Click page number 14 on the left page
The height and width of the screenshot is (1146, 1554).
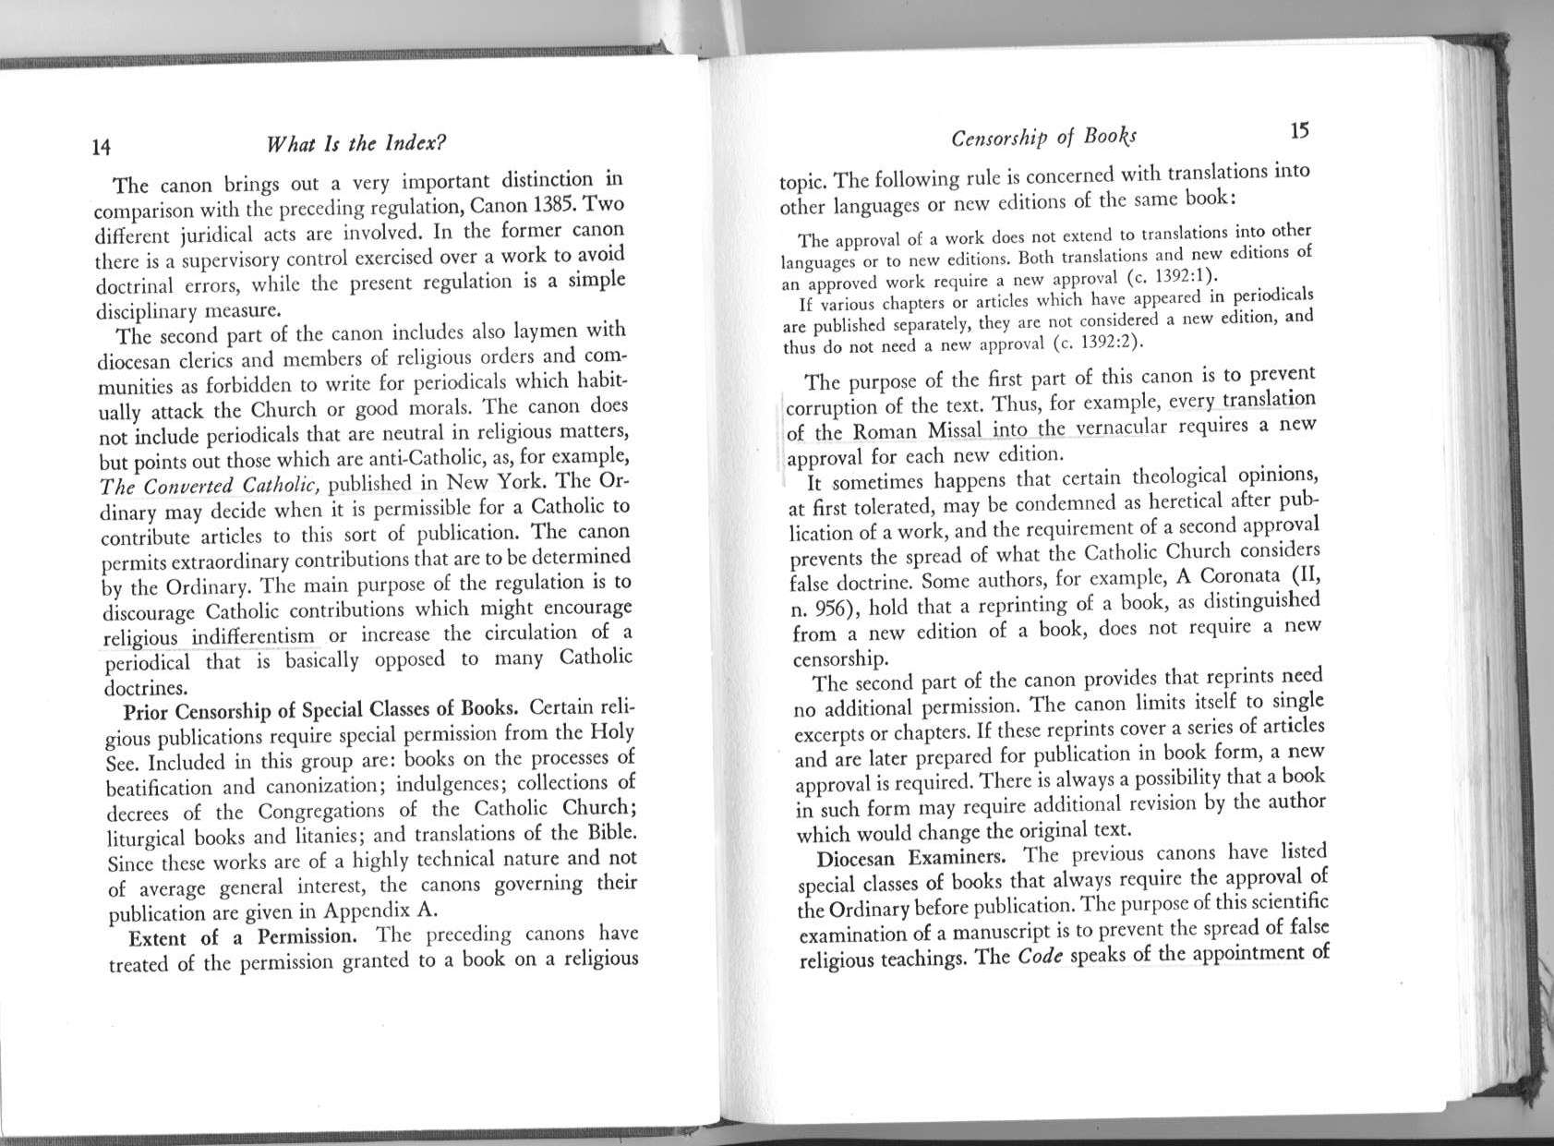102,146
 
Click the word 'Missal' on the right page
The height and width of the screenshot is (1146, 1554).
958,430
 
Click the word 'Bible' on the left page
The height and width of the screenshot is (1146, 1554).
610,832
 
